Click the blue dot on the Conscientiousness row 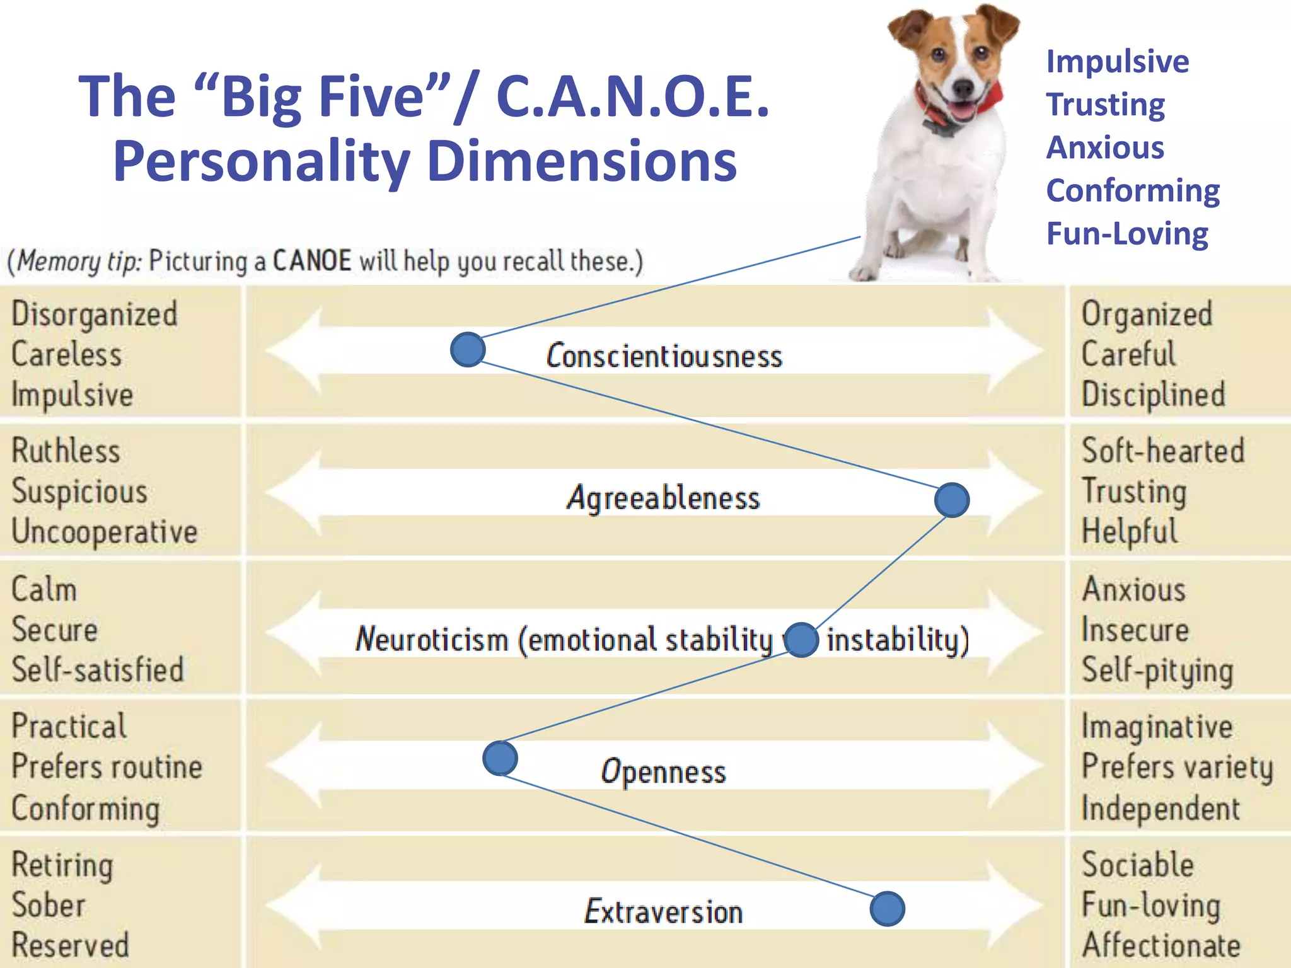pos(468,350)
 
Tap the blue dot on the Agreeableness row pos(952,500)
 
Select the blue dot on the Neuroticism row pos(801,640)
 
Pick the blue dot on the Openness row pos(501,758)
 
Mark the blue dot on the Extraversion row pos(888,909)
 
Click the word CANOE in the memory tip pos(312,261)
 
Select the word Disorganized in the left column pos(95,314)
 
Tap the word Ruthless pos(66,451)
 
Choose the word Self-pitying pos(1157,671)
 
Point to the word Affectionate pos(1161,945)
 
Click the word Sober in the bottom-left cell pos(49,906)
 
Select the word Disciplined pos(1154,395)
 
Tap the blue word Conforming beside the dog pos(1133,190)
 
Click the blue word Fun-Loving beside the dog pos(1127,234)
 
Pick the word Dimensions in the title pos(581,161)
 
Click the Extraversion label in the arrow pos(663,912)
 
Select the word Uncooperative pos(105,532)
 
